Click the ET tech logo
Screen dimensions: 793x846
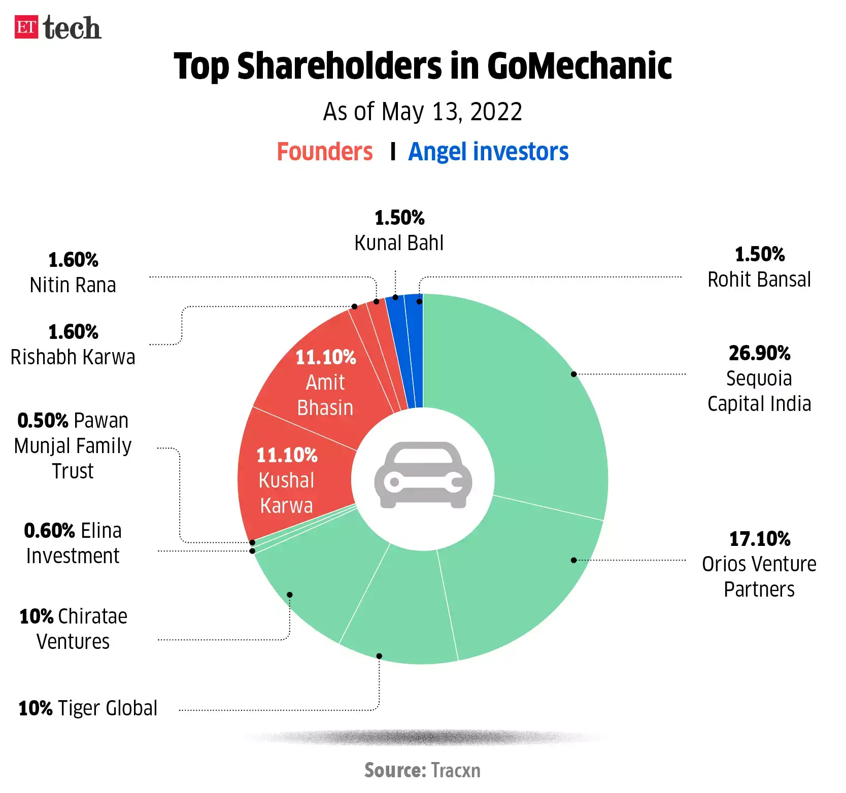57,27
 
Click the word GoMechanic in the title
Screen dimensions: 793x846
579,66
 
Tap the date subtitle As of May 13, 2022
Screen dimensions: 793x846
422,112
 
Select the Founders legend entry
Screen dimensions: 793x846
325,152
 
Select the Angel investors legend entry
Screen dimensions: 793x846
488,152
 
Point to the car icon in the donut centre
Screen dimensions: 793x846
423,475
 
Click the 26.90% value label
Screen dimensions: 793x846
759,353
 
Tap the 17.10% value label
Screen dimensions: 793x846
759,539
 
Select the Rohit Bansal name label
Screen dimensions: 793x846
759,280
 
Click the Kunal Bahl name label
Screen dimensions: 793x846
399,243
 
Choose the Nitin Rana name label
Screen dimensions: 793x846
73,285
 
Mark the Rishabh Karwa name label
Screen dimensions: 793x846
73,357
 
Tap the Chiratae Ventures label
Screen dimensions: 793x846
73,629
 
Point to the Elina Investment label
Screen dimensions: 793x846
73,543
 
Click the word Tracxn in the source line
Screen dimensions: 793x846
455,770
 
